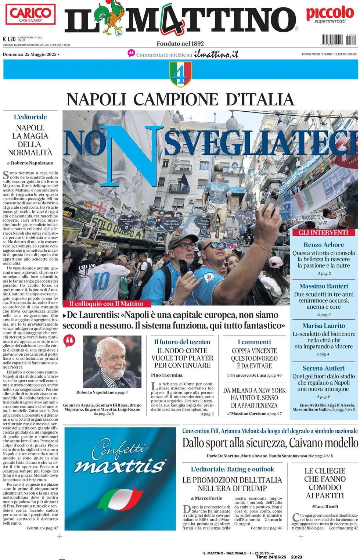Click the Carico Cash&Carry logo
click(x=30, y=14)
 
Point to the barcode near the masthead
click(x=338, y=40)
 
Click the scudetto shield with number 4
click(x=180, y=74)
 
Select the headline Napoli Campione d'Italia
click(x=180, y=100)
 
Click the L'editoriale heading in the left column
click(x=30, y=117)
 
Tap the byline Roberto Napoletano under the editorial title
click(x=32, y=163)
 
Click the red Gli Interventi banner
click(x=323, y=233)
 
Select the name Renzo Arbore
click(x=324, y=245)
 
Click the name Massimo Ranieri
click(x=324, y=286)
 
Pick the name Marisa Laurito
click(x=324, y=326)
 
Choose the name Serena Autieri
click(x=324, y=368)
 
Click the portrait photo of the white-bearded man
click(x=112, y=362)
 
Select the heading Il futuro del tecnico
click(x=182, y=342)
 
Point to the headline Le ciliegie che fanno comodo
click(x=325, y=483)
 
